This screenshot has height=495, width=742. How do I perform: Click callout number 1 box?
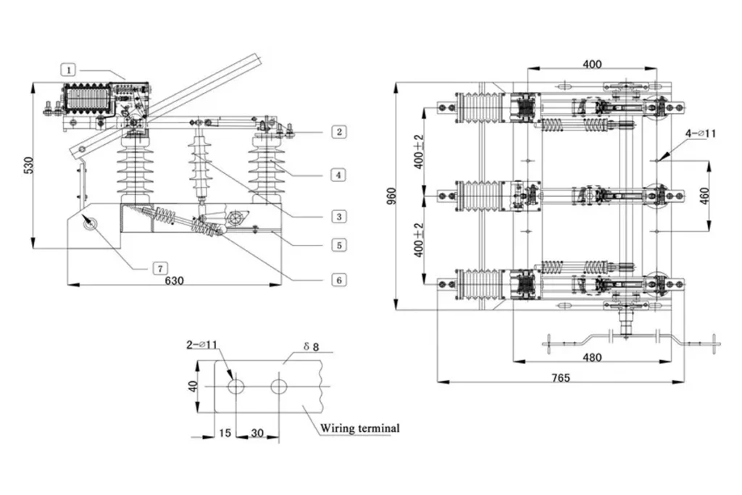coord(68,70)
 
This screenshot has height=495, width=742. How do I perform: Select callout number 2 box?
coord(339,132)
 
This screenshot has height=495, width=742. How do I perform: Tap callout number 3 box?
coord(339,217)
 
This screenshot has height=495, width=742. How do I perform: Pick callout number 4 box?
coord(338,175)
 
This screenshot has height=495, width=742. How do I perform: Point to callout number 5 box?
coord(339,245)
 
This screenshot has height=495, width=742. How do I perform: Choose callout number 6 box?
coord(339,280)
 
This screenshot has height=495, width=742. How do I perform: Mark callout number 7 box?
coord(160,269)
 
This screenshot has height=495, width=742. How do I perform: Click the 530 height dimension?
coord(29,165)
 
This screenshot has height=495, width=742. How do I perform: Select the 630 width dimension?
coord(174,280)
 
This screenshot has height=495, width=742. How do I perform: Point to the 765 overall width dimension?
coord(561,378)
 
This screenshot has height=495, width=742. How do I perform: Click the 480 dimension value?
coord(592,357)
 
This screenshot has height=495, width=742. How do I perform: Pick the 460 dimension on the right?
coord(704,196)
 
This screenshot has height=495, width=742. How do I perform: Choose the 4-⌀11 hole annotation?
coord(701,133)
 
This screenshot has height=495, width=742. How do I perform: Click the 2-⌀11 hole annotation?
coord(201,344)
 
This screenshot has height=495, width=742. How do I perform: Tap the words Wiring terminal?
coord(359,428)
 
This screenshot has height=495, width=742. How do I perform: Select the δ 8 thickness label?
coord(311,347)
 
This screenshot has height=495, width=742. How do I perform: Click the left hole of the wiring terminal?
coord(235,386)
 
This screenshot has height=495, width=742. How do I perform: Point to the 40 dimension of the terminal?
coord(193,386)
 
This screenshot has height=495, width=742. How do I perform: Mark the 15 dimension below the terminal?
coord(225,433)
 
